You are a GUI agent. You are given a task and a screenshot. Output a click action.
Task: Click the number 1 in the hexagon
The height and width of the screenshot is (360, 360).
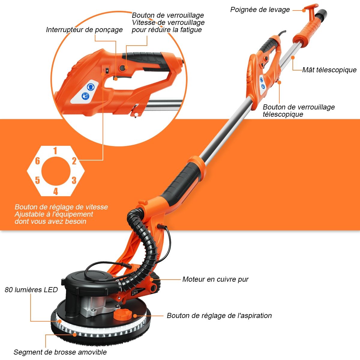[55, 151]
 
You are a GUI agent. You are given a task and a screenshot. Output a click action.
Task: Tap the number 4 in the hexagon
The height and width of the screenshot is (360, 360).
[56, 191]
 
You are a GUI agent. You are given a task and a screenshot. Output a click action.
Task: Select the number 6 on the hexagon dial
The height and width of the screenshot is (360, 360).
[37, 161]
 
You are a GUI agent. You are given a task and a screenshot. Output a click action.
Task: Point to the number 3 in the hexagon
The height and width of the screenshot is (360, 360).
[74, 180]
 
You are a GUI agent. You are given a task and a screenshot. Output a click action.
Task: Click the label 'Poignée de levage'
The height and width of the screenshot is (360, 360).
[260, 10]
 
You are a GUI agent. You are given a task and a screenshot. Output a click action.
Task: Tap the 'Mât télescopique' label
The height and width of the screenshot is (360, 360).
[329, 70]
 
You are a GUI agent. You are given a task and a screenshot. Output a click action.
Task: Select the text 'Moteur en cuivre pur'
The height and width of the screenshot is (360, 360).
[215, 279]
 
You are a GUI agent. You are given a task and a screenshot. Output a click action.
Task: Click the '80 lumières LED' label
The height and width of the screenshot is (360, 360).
[31, 290]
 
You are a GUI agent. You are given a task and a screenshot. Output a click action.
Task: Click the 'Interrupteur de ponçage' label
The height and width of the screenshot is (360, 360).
[84, 30]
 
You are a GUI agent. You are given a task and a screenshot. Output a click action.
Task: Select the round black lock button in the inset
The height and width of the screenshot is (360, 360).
[123, 68]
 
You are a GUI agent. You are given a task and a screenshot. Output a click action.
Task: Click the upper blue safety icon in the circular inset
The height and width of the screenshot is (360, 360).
[91, 87]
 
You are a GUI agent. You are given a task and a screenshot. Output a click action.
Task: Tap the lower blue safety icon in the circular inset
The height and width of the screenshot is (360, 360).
[85, 96]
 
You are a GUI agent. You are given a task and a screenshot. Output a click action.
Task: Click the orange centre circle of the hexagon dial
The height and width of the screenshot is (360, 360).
[56, 171]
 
